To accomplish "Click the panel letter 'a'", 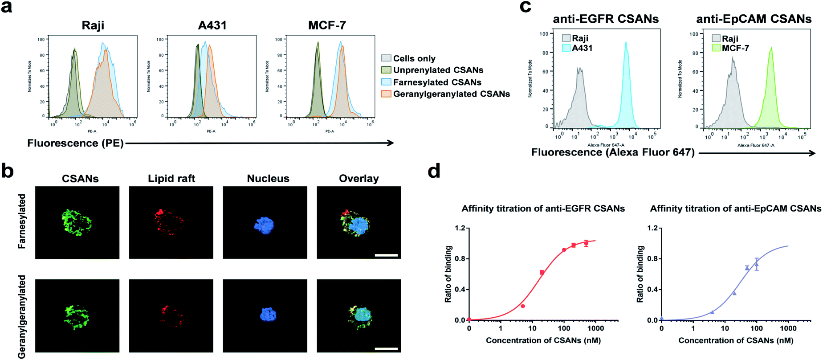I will coord(7,8).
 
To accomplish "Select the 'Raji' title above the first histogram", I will coord(93,25).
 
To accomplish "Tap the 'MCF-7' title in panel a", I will coord(327,25).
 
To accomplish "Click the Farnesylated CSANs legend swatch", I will coord(386,82).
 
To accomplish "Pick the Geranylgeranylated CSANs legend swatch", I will coord(386,94).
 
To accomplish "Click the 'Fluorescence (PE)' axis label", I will coord(75,143).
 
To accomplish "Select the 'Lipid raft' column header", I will coord(171,179).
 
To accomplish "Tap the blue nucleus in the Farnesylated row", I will coord(264,225).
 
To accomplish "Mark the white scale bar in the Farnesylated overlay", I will coord(386,255).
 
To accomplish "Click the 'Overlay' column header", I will coord(359,179).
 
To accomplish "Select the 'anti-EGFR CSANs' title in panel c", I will coord(606,19).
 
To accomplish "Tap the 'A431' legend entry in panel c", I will coord(582,48).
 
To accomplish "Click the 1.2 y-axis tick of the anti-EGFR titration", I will coord(459,228).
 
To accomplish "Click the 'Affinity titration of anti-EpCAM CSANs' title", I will coord(735,209).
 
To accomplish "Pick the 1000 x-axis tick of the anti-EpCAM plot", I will coord(788,328).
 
